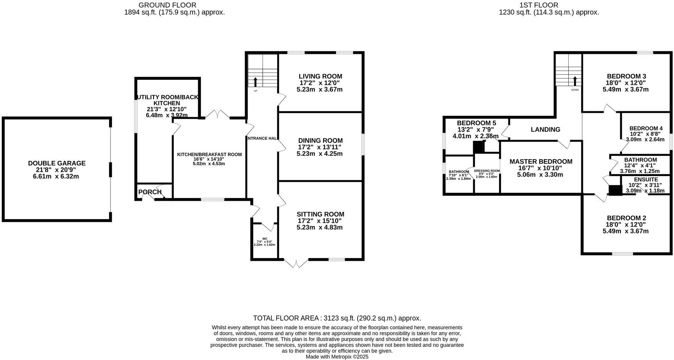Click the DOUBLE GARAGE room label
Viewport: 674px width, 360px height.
[x=57, y=163]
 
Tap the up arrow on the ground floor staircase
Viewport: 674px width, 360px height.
[x=256, y=82]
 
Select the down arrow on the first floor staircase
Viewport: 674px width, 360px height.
[x=575, y=81]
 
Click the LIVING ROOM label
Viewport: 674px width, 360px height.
[x=320, y=76]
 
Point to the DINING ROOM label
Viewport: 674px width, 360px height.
[x=320, y=140]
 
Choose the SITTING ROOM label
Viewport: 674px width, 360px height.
[x=320, y=214]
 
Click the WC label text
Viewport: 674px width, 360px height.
[x=265, y=239]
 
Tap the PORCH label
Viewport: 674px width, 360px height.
[x=149, y=192]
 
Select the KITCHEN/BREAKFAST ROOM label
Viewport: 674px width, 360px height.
[x=209, y=154]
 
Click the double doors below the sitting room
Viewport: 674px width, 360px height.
[x=296, y=263]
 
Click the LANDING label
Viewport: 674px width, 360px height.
[x=545, y=130]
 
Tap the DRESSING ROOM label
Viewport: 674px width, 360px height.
[x=487, y=171]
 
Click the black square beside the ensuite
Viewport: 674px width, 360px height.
[x=615, y=190]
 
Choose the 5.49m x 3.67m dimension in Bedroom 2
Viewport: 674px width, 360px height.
[x=625, y=231]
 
